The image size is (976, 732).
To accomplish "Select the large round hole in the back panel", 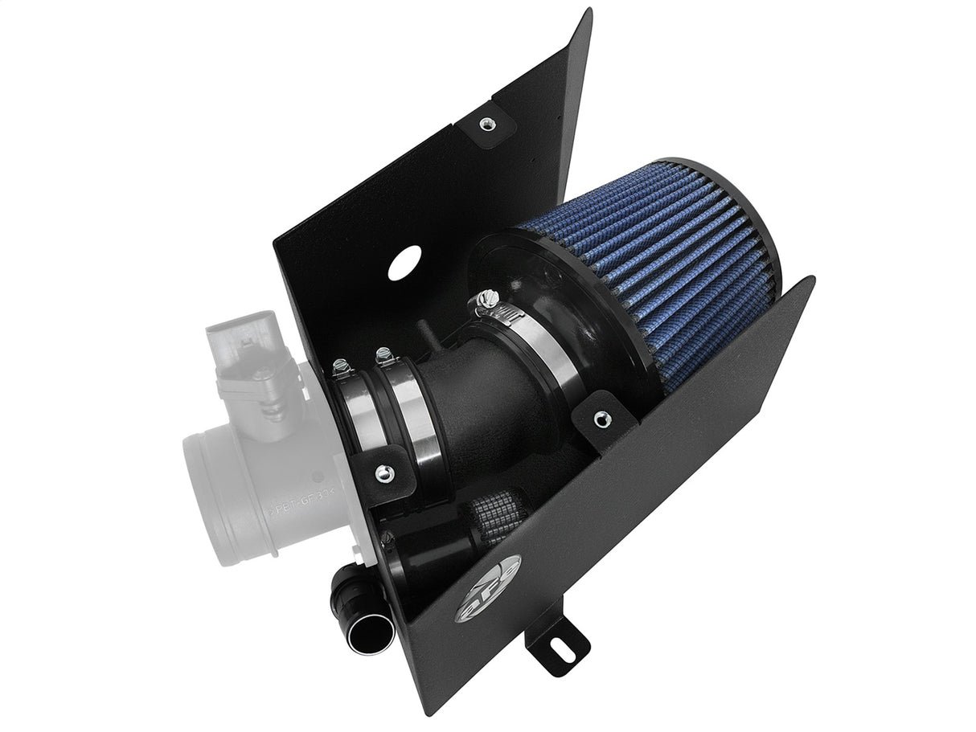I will [406, 265].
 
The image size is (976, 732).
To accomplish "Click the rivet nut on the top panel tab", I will [485, 123].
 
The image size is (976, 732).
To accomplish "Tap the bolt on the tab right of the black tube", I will [599, 417].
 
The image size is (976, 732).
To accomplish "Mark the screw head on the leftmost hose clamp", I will [338, 366].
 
